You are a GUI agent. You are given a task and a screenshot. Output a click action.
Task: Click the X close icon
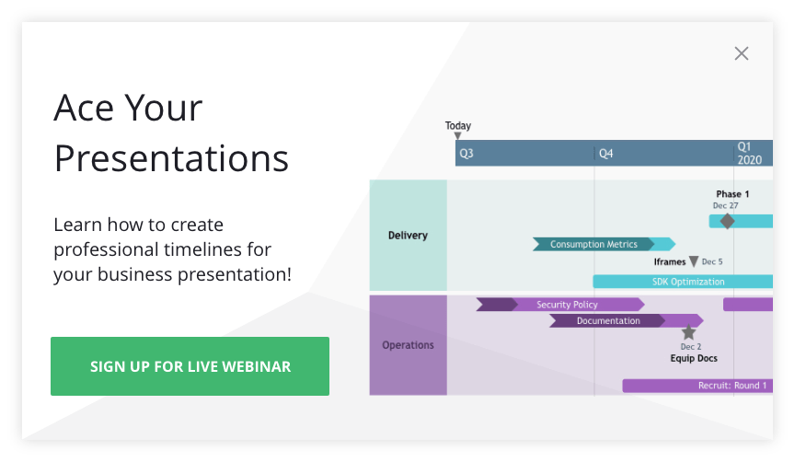(742, 53)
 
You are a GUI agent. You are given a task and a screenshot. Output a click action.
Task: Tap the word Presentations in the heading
(171, 158)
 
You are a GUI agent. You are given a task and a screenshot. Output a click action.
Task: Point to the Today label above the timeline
(457, 126)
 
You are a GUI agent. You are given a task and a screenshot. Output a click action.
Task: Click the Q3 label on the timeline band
(467, 154)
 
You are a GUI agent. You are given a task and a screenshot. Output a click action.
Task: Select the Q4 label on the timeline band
(605, 154)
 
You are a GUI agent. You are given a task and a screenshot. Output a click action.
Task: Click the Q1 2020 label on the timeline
(749, 153)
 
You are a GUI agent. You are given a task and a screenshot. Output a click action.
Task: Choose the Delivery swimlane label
(408, 236)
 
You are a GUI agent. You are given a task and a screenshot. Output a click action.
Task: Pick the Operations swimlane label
(408, 345)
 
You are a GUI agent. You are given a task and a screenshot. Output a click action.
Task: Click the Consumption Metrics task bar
(593, 244)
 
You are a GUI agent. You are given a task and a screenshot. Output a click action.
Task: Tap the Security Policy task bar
(567, 305)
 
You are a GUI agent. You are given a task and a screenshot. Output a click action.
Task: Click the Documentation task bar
(608, 321)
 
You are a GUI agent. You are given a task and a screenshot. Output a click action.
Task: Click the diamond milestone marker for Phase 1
(727, 221)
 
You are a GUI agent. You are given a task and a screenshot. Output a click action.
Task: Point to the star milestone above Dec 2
(689, 332)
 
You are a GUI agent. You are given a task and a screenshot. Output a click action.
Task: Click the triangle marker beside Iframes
(694, 262)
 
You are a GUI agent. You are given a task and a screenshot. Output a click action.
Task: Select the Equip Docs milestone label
(693, 358)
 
